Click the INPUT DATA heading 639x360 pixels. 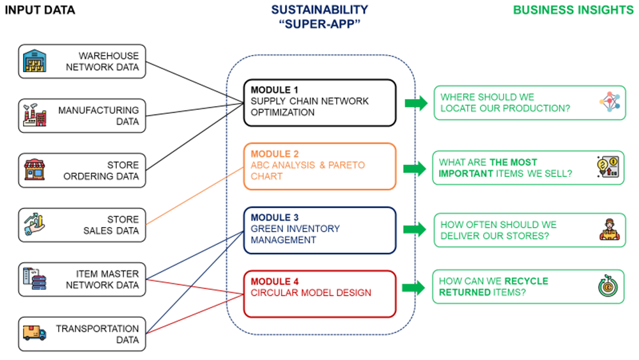(40, 10)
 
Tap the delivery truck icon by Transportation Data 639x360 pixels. (35, 333)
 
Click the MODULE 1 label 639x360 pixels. (274, 90)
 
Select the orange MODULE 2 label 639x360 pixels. (275, 153)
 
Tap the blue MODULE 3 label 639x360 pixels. (275, 217)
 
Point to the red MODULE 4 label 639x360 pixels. (275, 281)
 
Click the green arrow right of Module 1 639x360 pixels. (416, 103)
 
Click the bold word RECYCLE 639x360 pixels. (527, 281)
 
